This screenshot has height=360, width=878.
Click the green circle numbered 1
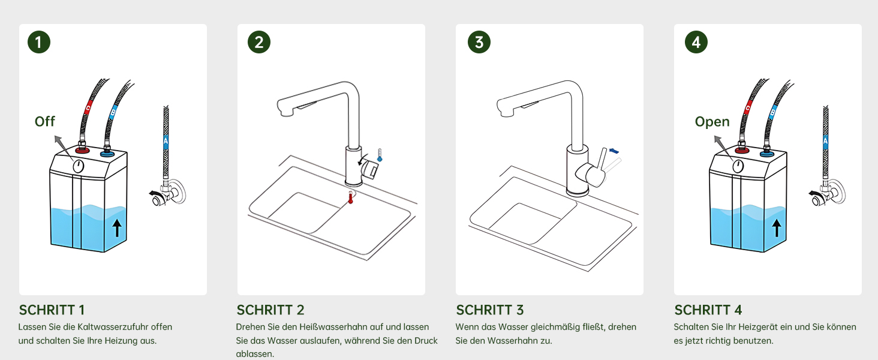click(39, 42)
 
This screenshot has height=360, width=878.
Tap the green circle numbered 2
click(259, 42)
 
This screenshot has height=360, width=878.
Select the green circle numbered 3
click(479, 42)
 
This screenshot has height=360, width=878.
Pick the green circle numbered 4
click(696, 42)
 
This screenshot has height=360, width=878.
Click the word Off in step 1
click(45, 122)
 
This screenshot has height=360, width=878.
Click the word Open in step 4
click(712, 122)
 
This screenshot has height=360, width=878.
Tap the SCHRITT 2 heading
click(270, 310)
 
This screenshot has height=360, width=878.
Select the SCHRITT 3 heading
click(490, 310)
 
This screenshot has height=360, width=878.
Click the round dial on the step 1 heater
click(79, 166)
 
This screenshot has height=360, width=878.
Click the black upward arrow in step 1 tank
click(117, 228)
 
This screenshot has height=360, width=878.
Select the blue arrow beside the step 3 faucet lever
click(614, 151)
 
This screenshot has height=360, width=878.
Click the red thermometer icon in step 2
click(350, 197)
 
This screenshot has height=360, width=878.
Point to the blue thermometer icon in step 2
click(380, 155)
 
